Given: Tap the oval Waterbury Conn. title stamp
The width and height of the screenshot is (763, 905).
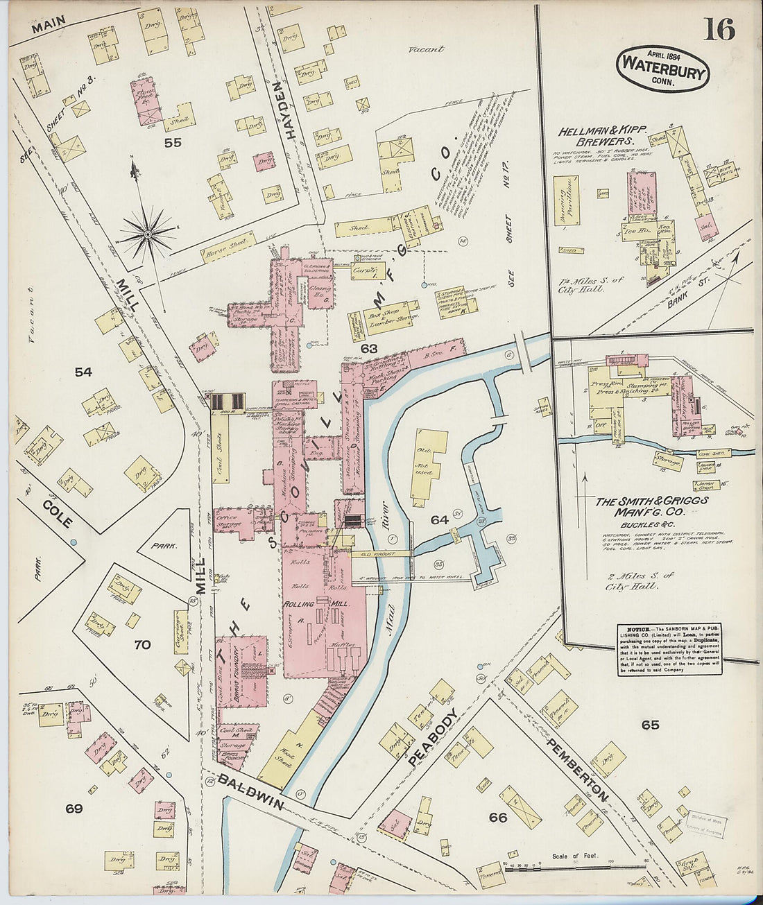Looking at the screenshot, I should click(663, 69).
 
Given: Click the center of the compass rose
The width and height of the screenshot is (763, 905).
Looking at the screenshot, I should click(147, 234).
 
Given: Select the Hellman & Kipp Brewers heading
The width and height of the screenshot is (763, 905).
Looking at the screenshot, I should click(602, 136).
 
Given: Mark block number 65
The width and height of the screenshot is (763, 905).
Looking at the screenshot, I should click(650, 725).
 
